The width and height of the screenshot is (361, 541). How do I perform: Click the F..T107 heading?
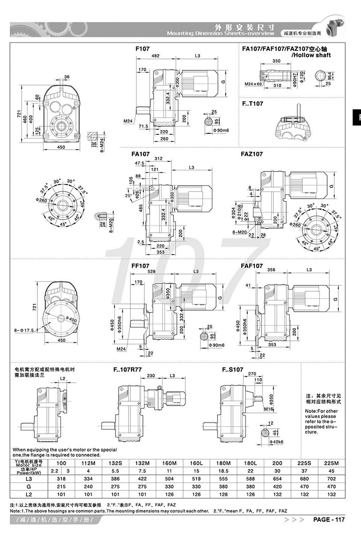[253, 103]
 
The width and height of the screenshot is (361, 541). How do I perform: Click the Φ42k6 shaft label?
[275, 442]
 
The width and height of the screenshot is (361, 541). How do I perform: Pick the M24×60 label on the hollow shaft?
[253, 84]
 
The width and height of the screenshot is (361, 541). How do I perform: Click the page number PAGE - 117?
[329, 520]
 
